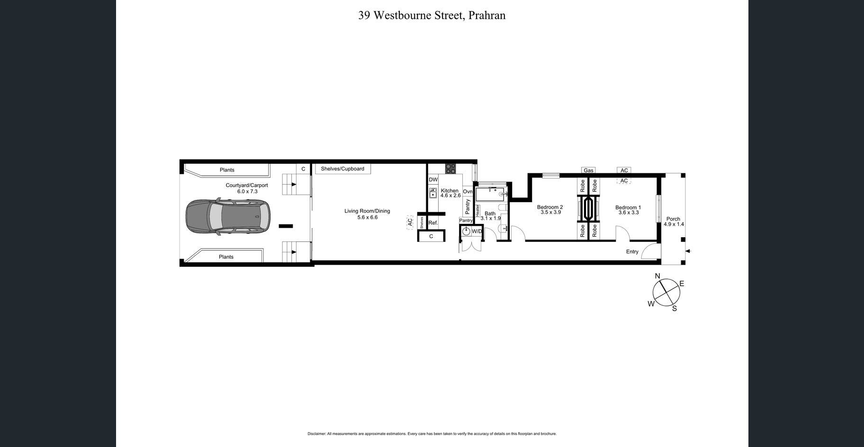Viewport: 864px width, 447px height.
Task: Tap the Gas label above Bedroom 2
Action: point(588,170)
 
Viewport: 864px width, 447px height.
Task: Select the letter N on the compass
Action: point(657,276)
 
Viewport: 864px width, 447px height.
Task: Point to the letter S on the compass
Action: point(675,309)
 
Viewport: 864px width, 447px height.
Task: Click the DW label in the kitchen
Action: point(433,179)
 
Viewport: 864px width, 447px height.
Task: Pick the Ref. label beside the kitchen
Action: point(433,223)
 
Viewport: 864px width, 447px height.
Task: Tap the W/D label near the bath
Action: point(477,231)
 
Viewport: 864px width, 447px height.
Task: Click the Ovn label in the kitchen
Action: point(468,192)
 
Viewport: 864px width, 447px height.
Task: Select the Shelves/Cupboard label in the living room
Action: point(342,169)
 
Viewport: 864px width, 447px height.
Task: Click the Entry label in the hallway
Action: point(632,251)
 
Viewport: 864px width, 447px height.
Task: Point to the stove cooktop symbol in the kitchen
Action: point(450,169)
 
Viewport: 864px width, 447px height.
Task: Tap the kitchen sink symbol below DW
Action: point(433,193)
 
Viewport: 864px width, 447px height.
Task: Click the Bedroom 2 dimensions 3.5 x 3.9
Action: point(550,213)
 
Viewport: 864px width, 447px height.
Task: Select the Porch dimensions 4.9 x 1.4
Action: point(674,224)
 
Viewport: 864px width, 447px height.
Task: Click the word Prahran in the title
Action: point(487,16)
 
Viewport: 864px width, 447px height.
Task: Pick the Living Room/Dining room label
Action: point(367,211)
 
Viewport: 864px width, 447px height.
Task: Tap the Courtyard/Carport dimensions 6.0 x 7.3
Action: point(247,191)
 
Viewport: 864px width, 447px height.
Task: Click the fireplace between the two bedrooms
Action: point(588,208)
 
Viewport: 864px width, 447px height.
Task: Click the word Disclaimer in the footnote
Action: point(316,434)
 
